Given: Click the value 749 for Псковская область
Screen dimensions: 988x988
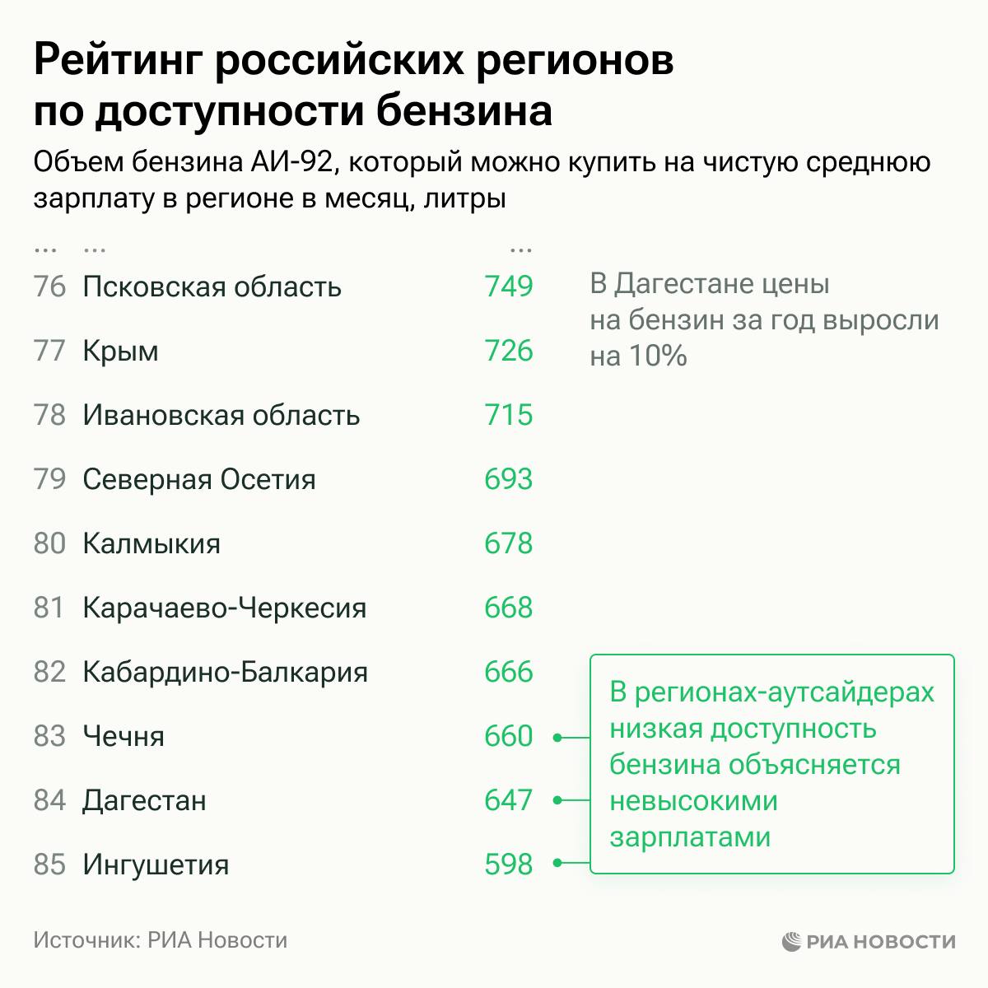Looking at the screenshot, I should (x=509, y=287).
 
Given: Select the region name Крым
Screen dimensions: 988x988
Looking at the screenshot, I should (x=120, y=352).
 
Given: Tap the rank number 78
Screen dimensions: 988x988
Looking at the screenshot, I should (x=49, y=415).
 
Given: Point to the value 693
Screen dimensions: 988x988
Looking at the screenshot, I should (x=509, y=479).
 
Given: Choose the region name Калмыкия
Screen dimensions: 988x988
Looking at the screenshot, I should (x=151, y=543).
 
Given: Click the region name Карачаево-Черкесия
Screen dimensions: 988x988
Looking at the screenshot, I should (x=225, y=608).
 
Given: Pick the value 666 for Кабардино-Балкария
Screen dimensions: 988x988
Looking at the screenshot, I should (x=509, y=672).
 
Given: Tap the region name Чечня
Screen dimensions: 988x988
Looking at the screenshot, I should (x=123, y=736).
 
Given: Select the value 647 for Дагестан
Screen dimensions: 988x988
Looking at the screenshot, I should (x=509, y=800).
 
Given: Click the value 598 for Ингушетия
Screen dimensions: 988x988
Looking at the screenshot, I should (x=509, y=864).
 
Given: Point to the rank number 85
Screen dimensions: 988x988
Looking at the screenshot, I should (x=49, y=864).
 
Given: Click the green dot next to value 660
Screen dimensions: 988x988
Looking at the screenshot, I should (x=557, y=737).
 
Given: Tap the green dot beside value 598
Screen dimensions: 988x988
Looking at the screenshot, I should (x=557, y=864).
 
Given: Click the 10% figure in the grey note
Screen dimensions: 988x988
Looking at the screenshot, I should (x=657, y=356).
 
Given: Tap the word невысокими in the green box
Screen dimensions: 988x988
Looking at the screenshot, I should (x=693, y=800).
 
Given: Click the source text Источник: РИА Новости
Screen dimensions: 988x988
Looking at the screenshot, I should (x=161, y=940).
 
